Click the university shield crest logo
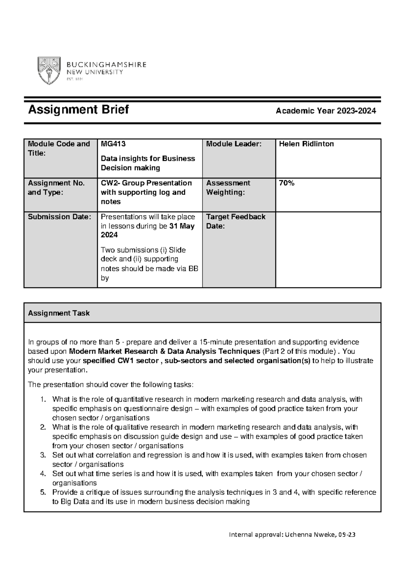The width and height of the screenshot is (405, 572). click(49, 70)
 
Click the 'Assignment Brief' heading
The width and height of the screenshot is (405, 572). click(78, 110)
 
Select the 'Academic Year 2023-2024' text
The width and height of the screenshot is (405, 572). click(326, 111)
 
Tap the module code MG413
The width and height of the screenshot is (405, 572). click(113, 144)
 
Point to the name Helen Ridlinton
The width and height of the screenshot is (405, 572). click(306, 144)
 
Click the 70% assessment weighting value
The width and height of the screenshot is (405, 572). click(287, 183)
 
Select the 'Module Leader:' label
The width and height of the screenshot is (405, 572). click(234, 144)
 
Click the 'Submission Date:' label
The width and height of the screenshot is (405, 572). click(59, 217)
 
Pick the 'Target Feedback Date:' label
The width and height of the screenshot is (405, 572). click(236, 221)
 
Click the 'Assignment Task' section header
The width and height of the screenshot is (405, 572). click(59, 313)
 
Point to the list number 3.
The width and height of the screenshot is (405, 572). click(43, 455)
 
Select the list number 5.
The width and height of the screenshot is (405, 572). click(43, 492)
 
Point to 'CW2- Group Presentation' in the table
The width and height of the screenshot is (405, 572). click(146, 183)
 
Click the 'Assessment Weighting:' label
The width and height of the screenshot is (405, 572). click(228, 188)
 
